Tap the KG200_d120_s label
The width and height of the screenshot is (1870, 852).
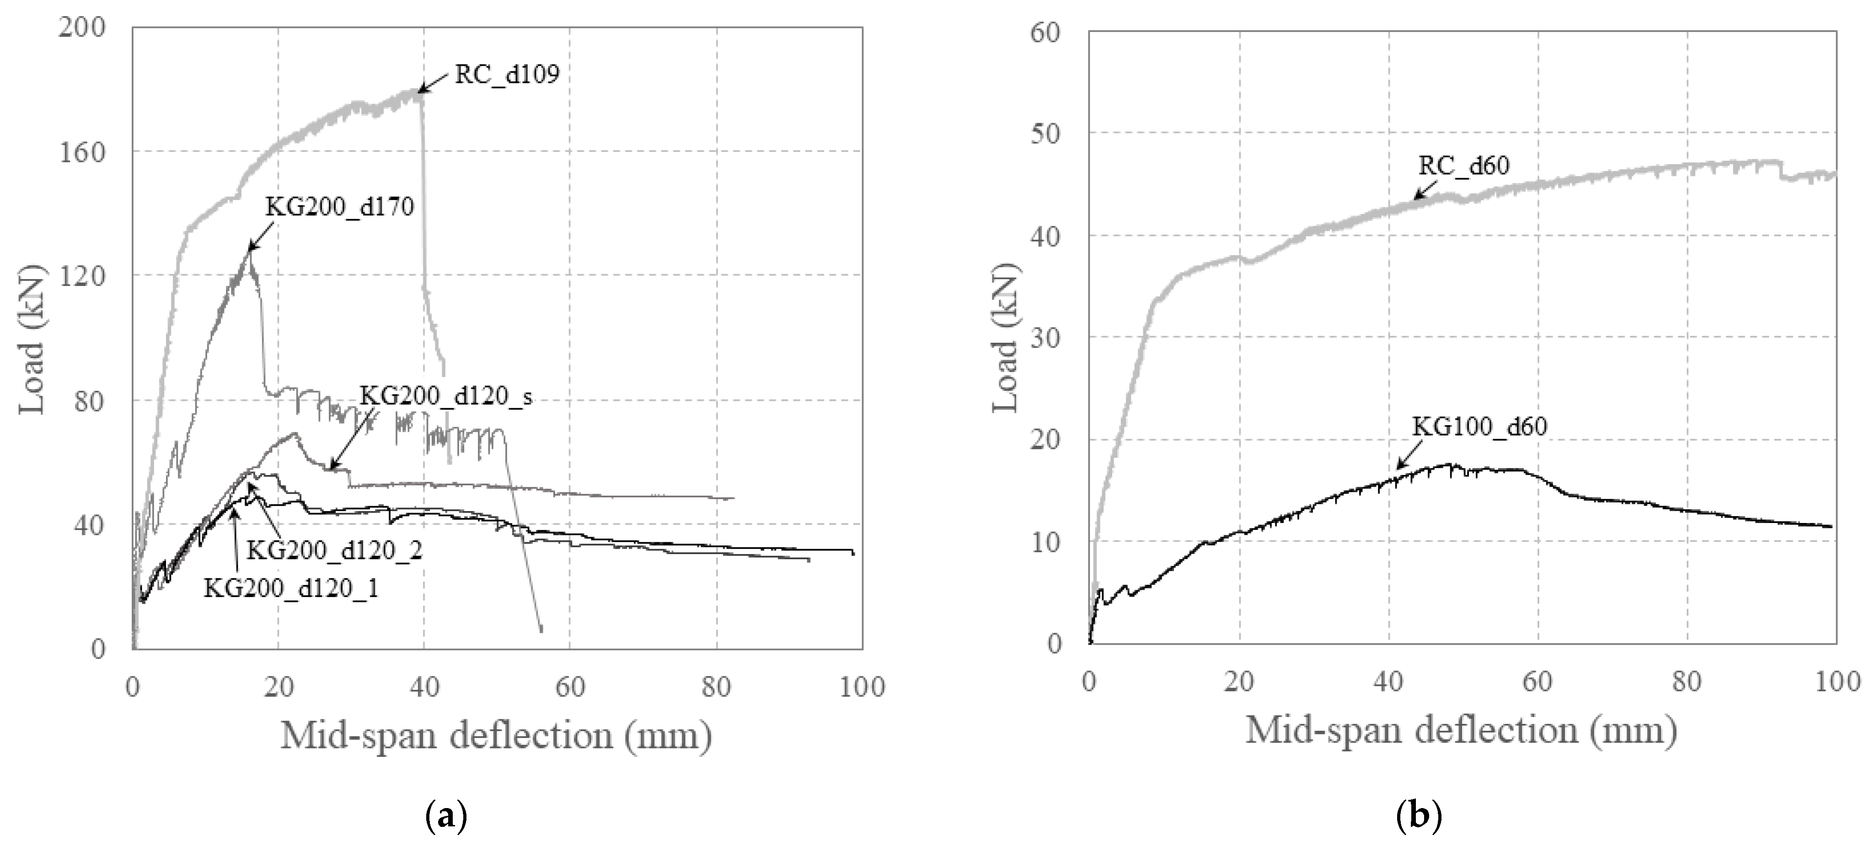(x=446, y=397)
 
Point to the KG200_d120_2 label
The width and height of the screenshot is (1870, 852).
(x=334, y=550)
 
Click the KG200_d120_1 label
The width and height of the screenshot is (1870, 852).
(x=290, y=588)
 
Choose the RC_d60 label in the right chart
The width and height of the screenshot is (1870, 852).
(x=1463, y=166)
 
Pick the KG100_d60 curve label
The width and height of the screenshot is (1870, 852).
(x=1479, y=426)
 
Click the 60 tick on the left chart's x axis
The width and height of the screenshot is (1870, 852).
(x=570, y=686)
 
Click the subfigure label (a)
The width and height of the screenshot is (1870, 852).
(x=444, y=816)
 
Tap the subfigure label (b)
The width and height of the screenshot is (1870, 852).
(x=1419, y=816)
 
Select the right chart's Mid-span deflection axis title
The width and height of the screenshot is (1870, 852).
(x=1461, y=730)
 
